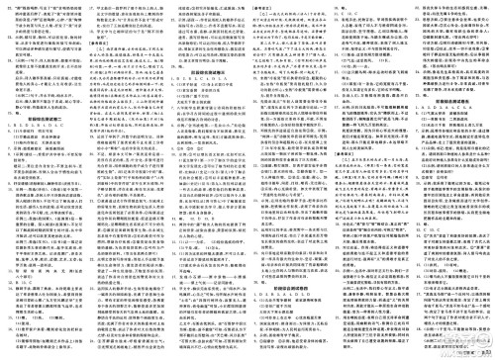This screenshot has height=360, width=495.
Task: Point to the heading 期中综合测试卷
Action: coord(452,100)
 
